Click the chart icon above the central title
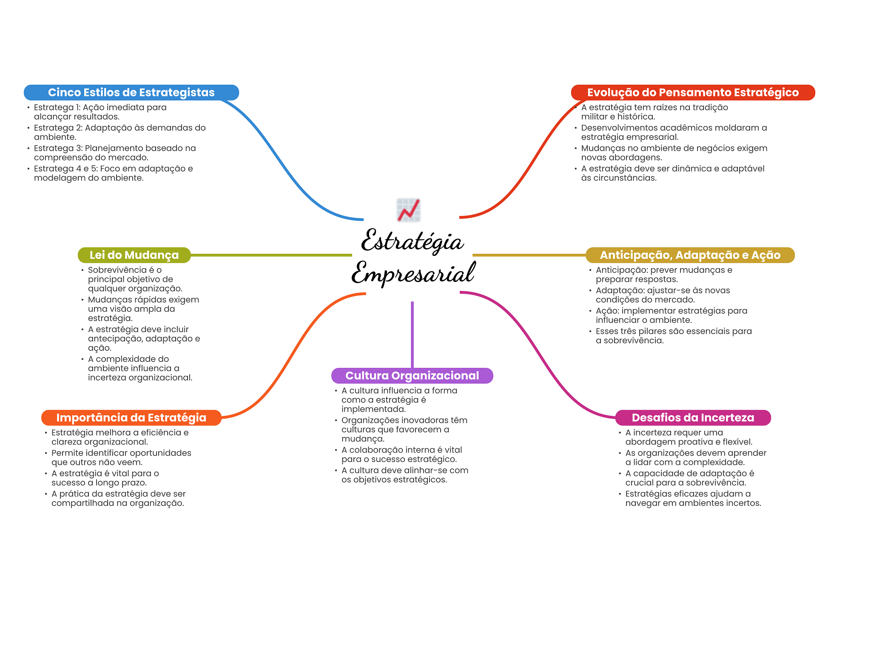[408, 210]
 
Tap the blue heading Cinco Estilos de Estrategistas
[131, 92]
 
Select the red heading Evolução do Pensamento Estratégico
[692, 92]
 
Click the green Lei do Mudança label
[134, 255]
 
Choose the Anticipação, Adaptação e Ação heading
[690, 255]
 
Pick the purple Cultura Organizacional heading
[412, 376]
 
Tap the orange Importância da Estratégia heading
[131, 418]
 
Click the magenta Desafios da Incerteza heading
[692, 418]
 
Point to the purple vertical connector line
[412, 334]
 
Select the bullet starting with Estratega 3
[115, 153]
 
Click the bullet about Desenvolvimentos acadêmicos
[674, 132]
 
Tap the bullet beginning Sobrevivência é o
[135, 279]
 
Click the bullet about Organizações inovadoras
[404, 429]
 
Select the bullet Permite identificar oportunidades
[121, 458]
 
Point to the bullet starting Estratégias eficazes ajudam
[693, 499]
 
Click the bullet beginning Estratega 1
[100, 112]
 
